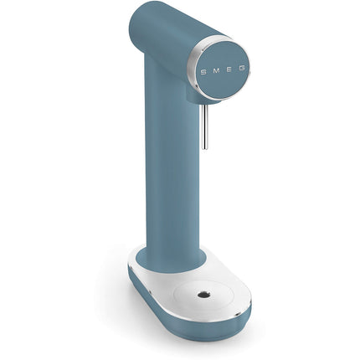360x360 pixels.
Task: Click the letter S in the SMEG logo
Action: pyautogui.click(x=203, y=72)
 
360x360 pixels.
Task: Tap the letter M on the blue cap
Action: pyautogui.click(x=216, y=71)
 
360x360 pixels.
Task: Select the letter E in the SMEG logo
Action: pyautogui.click(x=229, y=69)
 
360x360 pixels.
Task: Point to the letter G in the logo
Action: pyautogui.click(x=242, y=69)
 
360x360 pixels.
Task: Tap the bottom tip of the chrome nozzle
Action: pyautogui.click(x=205, y=148)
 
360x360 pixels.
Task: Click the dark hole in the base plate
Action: pyautogui.click(x=203, y=295)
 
